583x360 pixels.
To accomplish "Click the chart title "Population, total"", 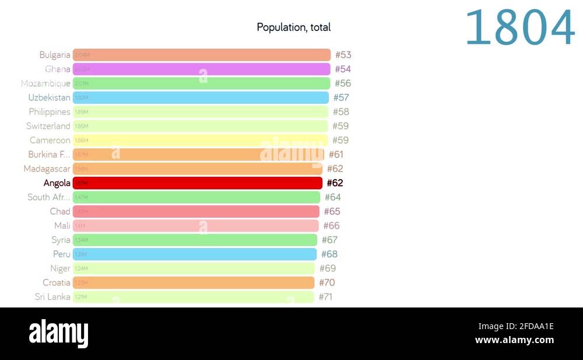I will [x=294, y=27].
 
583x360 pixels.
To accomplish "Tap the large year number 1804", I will [x=519, y=28].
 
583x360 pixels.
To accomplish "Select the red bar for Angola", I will [x=198, y=183].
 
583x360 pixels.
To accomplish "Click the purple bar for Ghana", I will [x=202, y=69].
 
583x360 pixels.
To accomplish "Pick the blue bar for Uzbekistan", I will [x=201, y=97].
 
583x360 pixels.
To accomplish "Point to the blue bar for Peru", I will [x=195, y=254].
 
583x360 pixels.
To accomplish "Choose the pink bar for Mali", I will [x=196, y=226].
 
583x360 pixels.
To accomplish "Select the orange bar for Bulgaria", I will [x=202, y=55].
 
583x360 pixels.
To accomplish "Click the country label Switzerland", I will [x=48, y=126].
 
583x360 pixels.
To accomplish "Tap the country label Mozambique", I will [x=45, y=83].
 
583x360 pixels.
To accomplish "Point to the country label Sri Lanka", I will [x=52, y=297].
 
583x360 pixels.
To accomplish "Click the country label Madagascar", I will [x=47, y=169].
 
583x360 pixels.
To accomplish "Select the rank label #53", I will [x=343, y=55].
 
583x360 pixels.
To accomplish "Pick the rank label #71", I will [x=325, y=297].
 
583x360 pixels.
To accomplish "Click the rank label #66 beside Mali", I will [x=332, y=226].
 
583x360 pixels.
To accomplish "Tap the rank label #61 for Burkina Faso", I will [x=336, y=155].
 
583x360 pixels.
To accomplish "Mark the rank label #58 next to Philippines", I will [x=341, y=112].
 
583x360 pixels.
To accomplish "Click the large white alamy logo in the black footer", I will [x=59, y=333].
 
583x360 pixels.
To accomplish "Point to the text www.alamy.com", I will [x=514, y=340].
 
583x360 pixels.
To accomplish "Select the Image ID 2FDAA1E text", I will [x=516, y=326].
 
